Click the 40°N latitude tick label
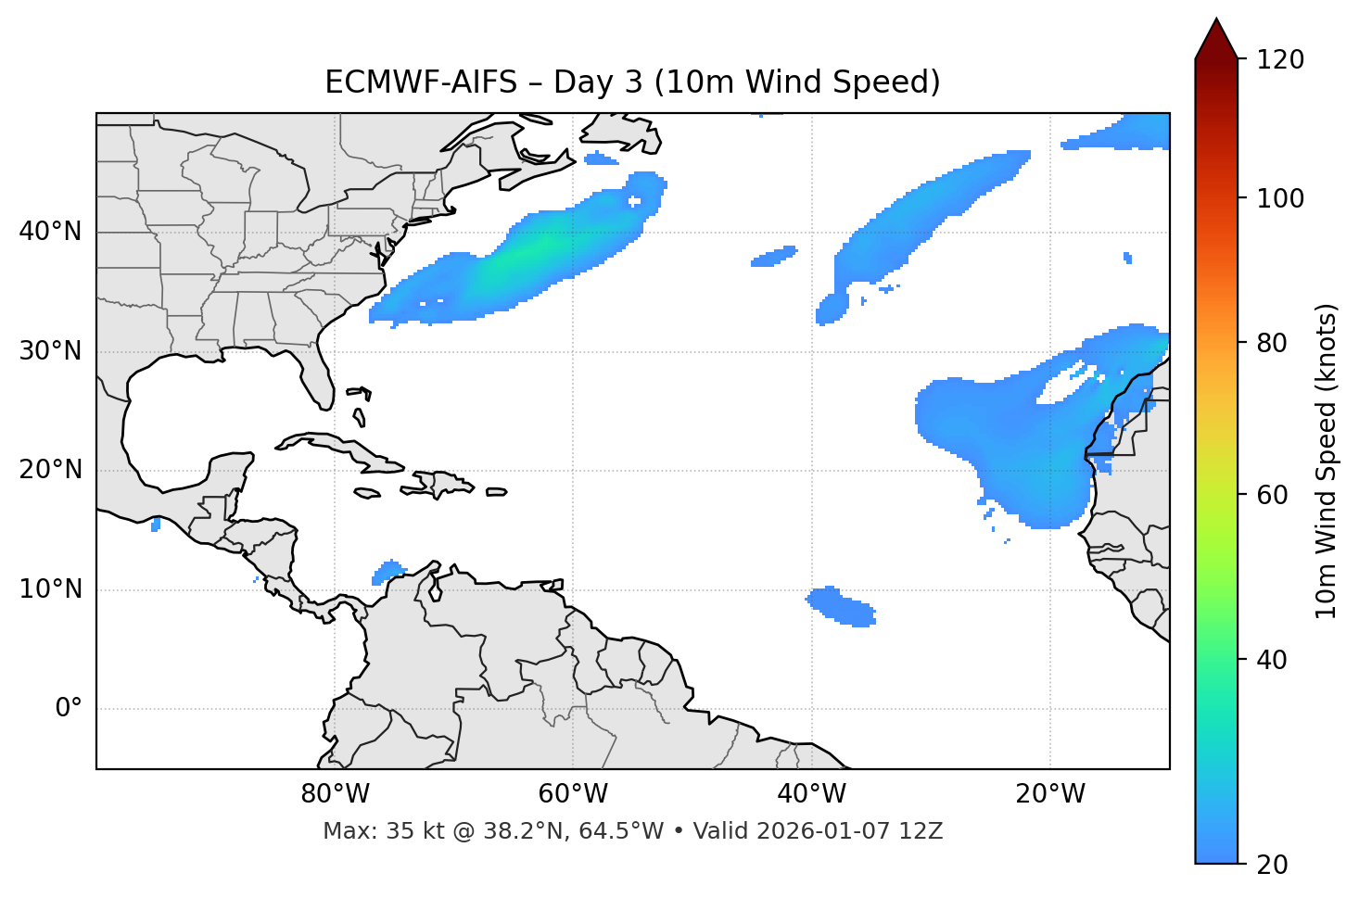(x=50, y=232)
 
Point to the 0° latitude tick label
(x=69, y=709)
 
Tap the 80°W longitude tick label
(x=335, y=794)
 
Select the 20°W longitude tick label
(x=1050, y=794)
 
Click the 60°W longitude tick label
(x=572, y=794)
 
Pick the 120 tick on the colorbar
(x=1281, y=60)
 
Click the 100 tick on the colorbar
(x=1281, y=198)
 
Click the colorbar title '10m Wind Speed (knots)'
(x=1327, y=461)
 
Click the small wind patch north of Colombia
(x=388, y=571)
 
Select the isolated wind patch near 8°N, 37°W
(x=840, y=606)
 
